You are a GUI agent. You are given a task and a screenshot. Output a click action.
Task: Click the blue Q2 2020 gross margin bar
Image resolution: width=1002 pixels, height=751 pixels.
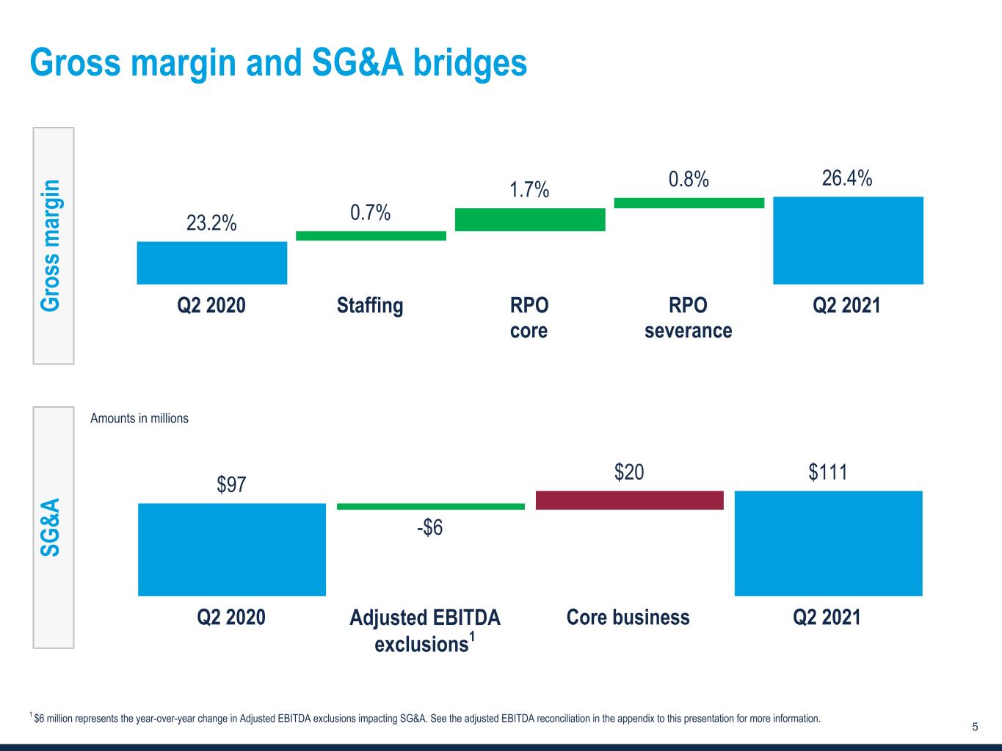tap(211, 263)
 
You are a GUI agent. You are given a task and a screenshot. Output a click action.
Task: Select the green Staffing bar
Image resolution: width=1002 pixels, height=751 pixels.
tap(371, 235)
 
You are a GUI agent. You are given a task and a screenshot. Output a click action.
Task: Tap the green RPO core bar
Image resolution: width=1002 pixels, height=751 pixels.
tap(530, 219)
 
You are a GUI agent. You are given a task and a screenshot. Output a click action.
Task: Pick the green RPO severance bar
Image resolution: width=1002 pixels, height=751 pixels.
tap(689, 203)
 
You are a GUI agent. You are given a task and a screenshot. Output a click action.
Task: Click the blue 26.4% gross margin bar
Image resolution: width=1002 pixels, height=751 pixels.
tap(848, 240)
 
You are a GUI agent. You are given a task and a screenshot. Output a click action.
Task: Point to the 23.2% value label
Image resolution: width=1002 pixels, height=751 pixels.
tap(211, 223)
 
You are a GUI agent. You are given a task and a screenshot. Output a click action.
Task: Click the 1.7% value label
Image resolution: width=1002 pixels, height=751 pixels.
tap(530, 190)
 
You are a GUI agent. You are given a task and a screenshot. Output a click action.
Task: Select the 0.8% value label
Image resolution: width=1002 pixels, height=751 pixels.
tap(689, 179)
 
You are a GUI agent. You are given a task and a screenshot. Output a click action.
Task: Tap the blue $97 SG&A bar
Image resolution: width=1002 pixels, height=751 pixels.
tap(232, 549)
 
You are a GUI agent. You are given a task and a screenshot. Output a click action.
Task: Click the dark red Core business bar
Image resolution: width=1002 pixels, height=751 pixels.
tap(630, 500)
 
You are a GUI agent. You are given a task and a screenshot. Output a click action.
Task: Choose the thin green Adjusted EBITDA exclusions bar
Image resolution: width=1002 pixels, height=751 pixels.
tap(431, 506)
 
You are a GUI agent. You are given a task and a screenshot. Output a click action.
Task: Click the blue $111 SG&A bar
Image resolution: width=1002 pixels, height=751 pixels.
tap(828, 543)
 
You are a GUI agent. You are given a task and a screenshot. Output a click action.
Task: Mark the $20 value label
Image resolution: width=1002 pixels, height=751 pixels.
tap(629, 472)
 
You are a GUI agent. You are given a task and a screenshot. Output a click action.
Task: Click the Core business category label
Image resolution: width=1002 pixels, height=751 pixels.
tap(628, 618)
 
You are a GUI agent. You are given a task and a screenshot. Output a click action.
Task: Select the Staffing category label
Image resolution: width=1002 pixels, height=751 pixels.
tap(370, 305)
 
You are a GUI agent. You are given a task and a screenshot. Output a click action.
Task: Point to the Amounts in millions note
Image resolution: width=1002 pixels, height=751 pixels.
tap(139, 418)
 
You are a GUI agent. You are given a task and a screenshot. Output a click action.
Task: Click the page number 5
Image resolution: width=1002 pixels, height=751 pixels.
tap(975, 727)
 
